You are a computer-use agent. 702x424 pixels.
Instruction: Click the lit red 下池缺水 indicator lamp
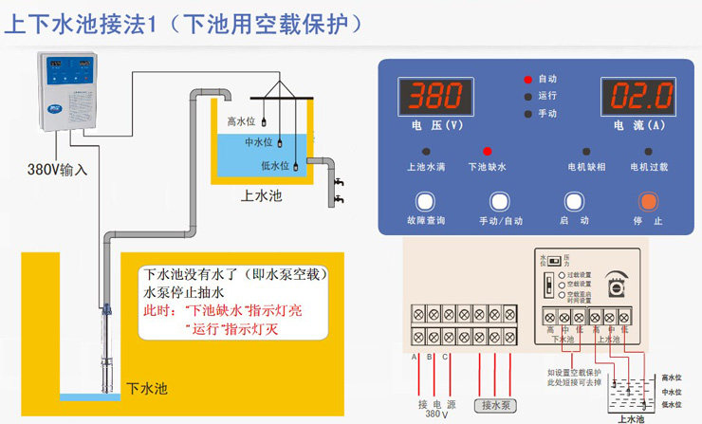point(488,151)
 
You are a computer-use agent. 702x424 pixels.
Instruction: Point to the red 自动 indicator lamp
point(527,79)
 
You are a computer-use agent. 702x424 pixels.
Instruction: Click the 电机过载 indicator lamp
point(649,151)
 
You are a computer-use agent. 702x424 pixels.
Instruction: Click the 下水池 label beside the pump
point(147,388)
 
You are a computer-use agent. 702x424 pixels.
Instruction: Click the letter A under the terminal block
point(416,357)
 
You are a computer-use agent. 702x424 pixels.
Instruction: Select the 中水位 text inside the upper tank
point(258,142)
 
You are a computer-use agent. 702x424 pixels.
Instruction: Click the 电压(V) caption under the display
point(437,124)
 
